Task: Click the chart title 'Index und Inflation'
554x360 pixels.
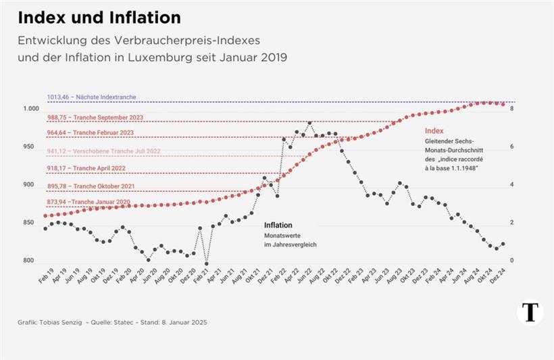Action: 99,16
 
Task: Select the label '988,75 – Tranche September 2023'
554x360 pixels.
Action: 94,117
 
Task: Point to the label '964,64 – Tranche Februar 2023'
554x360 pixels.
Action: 91,133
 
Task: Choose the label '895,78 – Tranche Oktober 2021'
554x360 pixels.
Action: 89,186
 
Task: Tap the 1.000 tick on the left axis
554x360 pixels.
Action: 30,109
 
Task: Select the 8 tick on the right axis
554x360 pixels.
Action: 512,109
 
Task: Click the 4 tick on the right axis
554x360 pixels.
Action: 512,184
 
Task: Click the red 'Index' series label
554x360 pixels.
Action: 433,130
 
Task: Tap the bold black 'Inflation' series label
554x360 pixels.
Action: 278,225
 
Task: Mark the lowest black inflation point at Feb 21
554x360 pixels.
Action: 206,263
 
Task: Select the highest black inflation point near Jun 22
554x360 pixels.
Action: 309,123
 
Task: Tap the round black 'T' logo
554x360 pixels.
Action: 530,312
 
